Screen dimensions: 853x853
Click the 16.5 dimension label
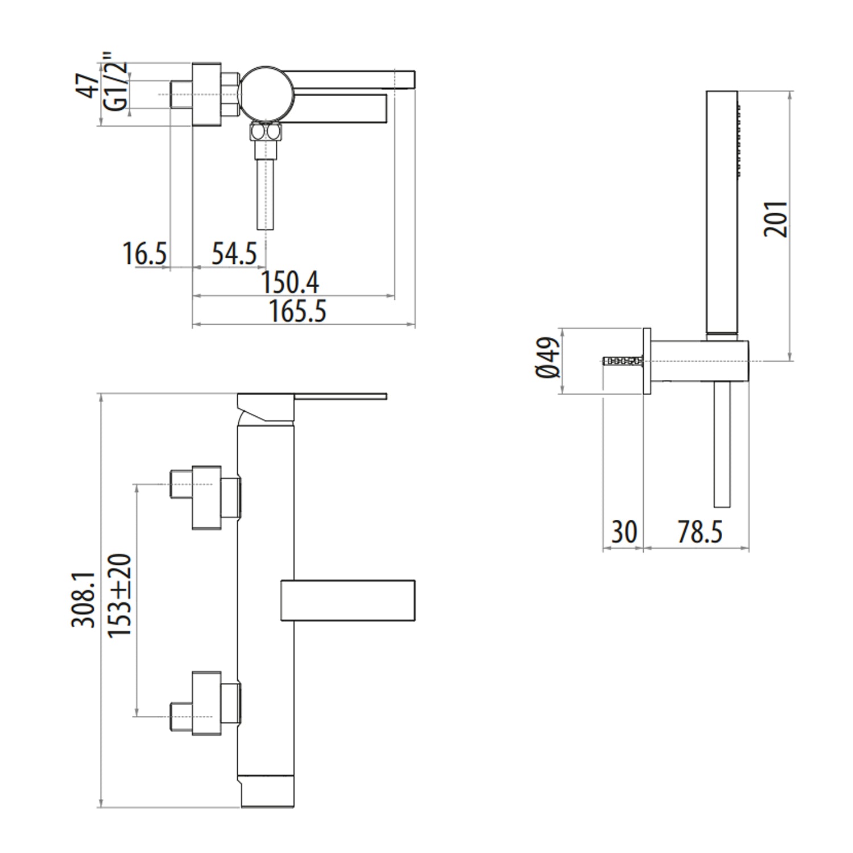coord(145,253)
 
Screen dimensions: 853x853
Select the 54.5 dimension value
coord(234,253)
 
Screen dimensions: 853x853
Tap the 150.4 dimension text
coord(290,282)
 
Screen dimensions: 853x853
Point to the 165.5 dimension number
coord(297,311)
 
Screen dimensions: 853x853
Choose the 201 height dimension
coord(776,218)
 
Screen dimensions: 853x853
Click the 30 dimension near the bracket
coord(624,532)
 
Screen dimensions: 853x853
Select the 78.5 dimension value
coord(699,532)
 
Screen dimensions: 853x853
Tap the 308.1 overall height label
coord(84,600)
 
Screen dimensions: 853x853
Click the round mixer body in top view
coord(266,94)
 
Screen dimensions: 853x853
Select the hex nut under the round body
coord(266,133)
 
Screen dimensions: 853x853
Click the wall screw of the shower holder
coord(623,361)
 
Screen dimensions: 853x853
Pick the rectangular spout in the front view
coord(348,600)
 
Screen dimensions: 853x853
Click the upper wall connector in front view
coord(206,497)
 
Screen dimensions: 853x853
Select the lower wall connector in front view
coord(206,703)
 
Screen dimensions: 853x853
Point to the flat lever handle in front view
coord(339,396)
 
